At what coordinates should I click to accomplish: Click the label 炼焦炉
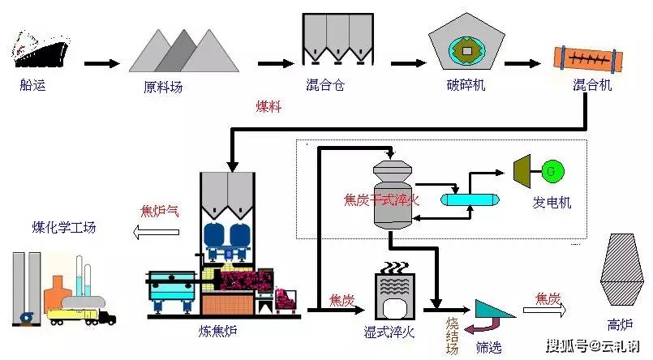click(215, 332)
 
